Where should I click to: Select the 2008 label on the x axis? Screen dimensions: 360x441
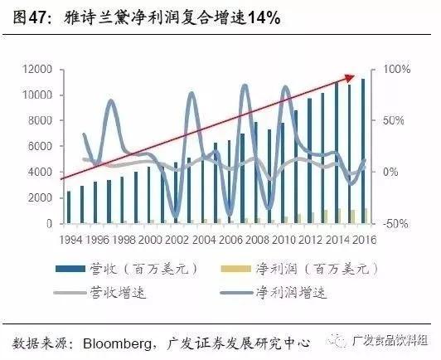point(258,240)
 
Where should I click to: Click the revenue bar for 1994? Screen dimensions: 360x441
point(69,207)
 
